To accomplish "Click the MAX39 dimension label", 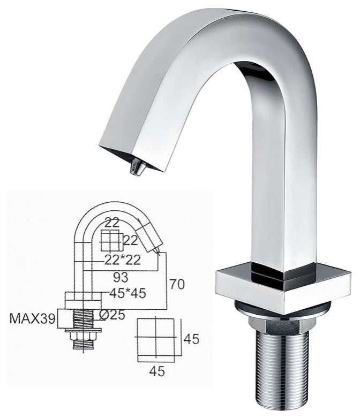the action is pyautogui.click(x=32, y=318).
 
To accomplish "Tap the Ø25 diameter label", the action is pyautogui.click(x=112, y=315).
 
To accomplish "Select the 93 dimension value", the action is pyautogui.click(x=121, y=278).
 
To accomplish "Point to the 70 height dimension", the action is pyautogui.click(x=177, y=284).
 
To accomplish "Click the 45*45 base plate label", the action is pyautogui.click(x=127, y=293).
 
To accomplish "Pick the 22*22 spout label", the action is pyautogui.click(x=123, y=260).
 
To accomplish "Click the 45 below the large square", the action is pyautogui.click(x=157, y=371).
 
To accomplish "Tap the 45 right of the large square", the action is pyautogui.click(x=191, y=339).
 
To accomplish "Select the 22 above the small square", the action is pyautogui.click(x=112, y=223).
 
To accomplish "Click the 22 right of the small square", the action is pyautogui.click(x=131, y=240).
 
